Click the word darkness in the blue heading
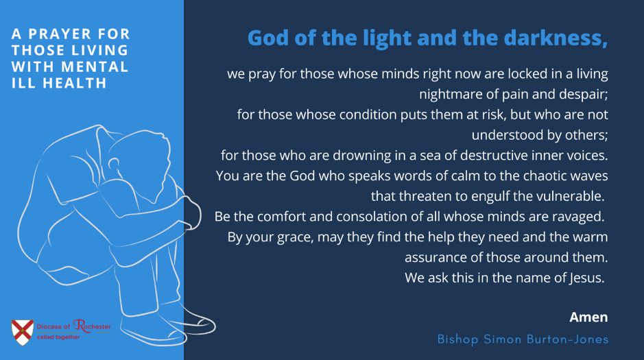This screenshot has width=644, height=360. click(556, 38)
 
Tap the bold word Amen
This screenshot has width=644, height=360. click(588, 317)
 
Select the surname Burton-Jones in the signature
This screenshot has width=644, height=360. click(568, 339)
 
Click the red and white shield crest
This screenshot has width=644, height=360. click(23, 332)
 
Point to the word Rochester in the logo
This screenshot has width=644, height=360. click(92, 326)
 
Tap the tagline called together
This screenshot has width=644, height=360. click(58, 337)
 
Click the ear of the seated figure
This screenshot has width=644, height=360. click(114, 164)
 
